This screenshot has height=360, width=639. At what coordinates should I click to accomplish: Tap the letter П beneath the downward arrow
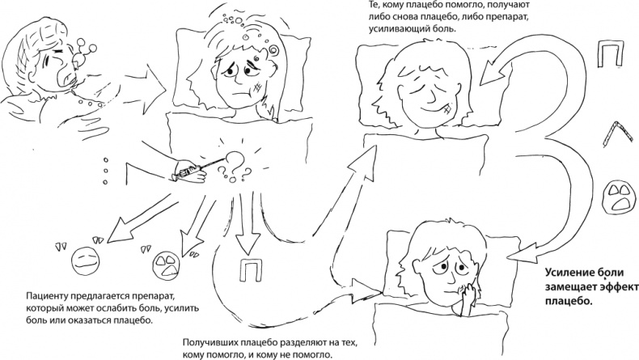click(251, 269)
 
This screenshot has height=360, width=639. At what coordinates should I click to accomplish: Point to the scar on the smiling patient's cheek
click(447, 109)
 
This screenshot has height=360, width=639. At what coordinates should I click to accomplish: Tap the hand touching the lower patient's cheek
click(468, 297)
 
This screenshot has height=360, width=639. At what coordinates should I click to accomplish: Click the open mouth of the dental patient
click(65, 76)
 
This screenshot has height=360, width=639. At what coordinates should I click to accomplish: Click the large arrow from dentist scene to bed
click(145, 89)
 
